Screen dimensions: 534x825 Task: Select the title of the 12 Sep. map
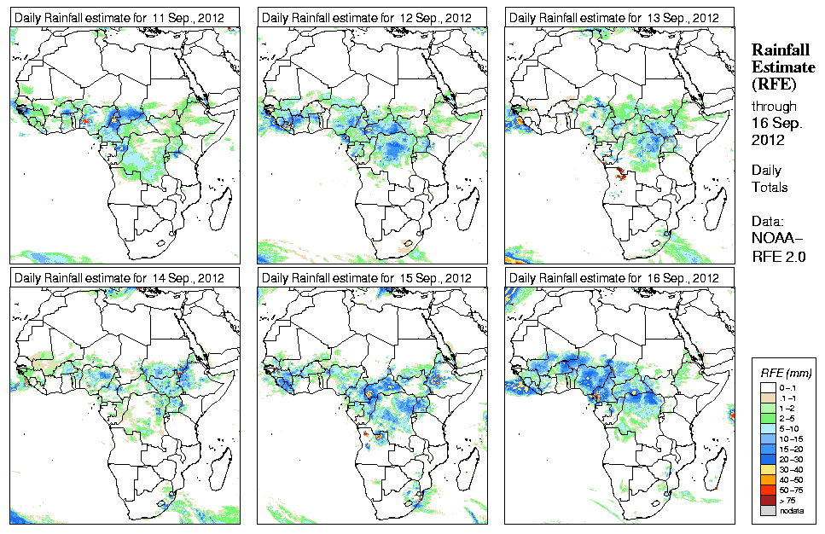pos(367,17)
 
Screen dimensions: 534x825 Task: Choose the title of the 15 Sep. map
pos(367,278)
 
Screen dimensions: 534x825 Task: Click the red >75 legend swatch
pos(767,501)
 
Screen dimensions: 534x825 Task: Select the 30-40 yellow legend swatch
pos(767,468)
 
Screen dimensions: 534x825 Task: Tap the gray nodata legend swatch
pos(767,511)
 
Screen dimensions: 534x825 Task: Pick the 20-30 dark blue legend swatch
pos(767,458)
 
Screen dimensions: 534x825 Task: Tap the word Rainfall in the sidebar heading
pos(780,49)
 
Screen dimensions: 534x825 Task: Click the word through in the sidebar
pos(774,107)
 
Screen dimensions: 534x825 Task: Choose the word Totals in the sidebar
pos(770,187)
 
